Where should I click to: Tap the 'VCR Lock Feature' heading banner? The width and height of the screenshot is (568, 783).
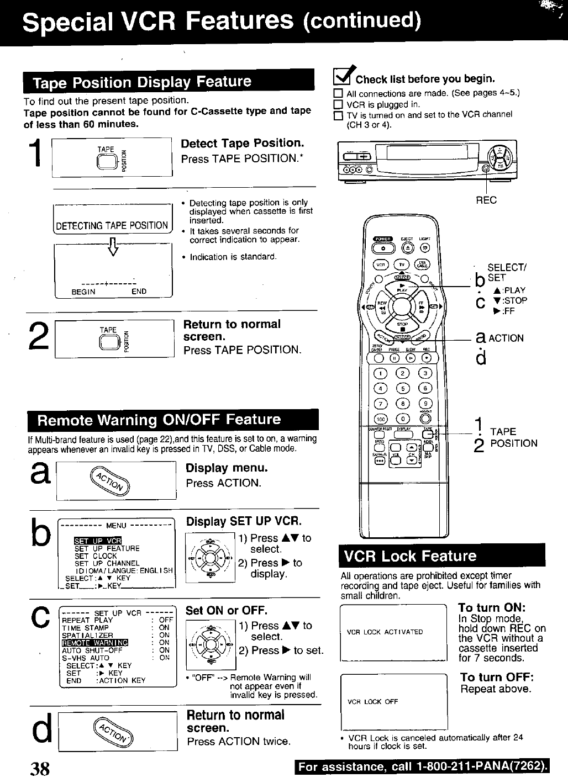click(x=409, y=556)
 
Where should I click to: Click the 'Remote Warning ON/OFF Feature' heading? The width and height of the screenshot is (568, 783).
click(x=159, y=420)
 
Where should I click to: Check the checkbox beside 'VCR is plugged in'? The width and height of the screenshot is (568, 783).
click(x=338, y=105)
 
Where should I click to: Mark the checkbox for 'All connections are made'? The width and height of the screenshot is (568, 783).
click(x=338, y=94)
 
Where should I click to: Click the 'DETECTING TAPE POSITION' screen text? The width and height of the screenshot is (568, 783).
click(x=112, y=225)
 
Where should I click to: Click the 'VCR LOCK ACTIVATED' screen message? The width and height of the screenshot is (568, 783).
click(x=385, y=632)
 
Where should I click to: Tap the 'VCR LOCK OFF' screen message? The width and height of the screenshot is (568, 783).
click(x=373, y=702)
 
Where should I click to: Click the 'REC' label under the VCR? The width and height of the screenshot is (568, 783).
click(x=486, y=200)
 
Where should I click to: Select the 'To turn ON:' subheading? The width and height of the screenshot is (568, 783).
click(x=491, y=607)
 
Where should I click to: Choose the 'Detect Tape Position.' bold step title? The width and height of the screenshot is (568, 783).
click(x=243, y=144)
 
